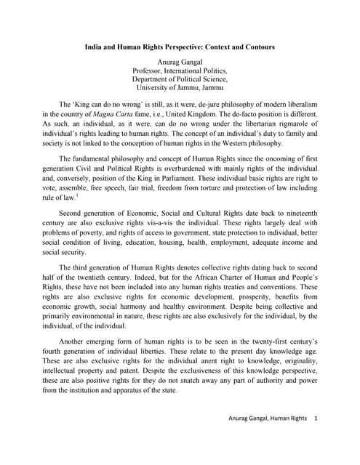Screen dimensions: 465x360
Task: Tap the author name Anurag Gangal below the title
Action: [180, 62]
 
